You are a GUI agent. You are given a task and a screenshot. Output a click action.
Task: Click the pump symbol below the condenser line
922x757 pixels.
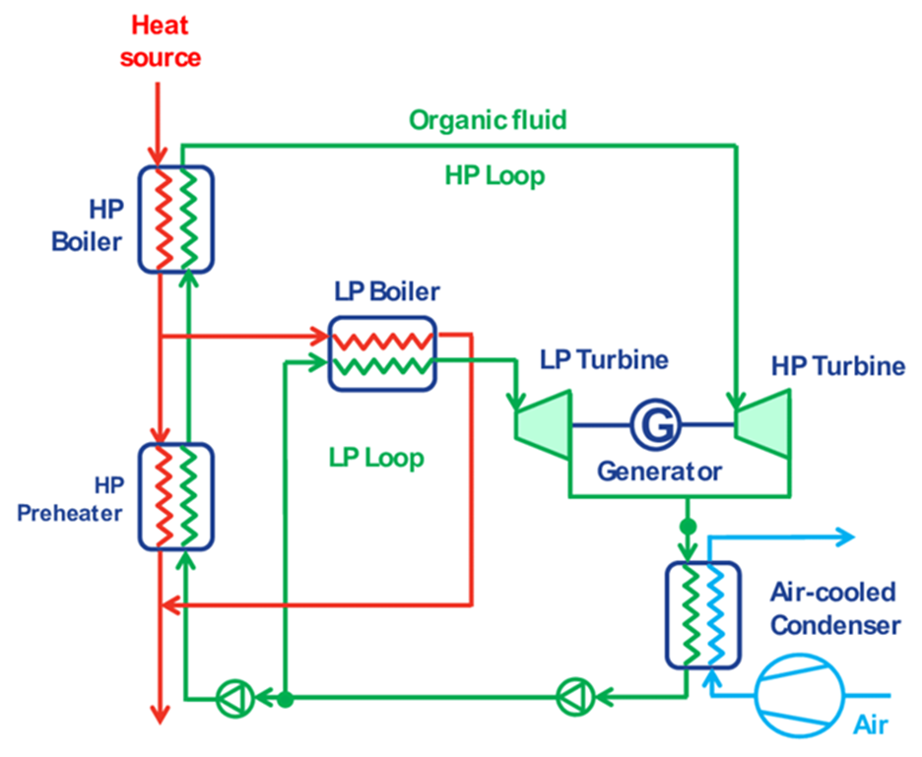point(571,698)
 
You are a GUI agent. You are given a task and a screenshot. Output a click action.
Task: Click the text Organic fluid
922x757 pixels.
point(488,120)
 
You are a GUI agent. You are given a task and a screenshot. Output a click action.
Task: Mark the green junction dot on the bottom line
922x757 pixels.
point(285,699)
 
